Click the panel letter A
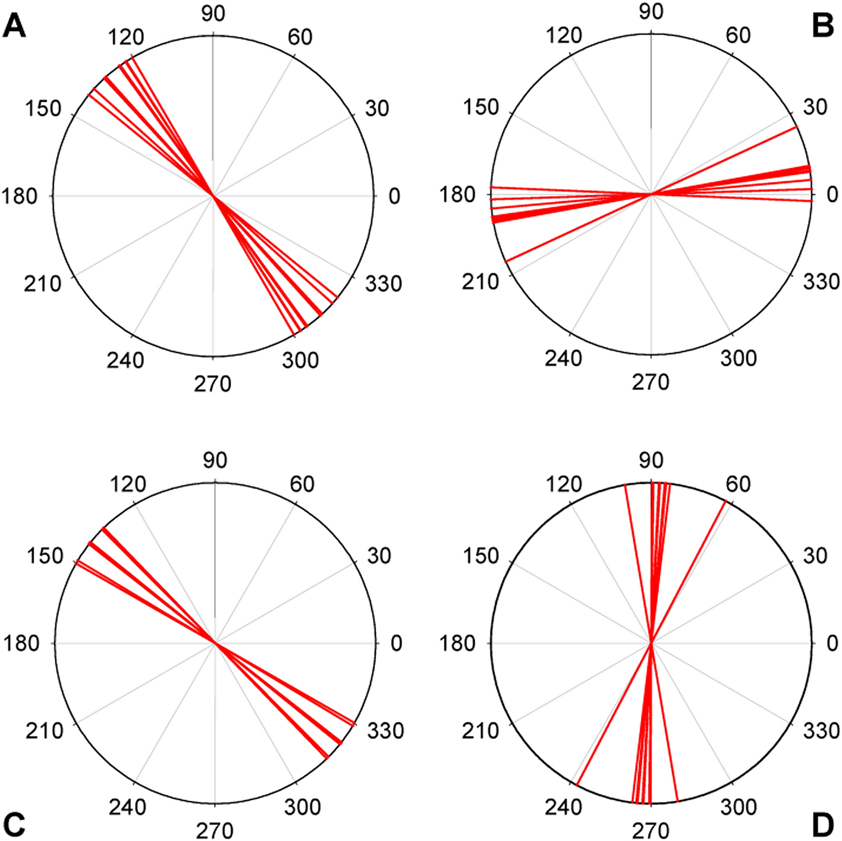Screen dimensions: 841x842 tap(15, 27)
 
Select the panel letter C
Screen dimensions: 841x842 tap(14, 824)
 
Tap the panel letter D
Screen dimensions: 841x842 tap(822, 824)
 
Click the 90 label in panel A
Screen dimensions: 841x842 tap(213, 13)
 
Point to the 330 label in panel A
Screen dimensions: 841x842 tap(384, 284)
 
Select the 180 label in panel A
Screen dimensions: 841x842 tap(20, 196)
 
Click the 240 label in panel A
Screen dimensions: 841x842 tap(125, 360)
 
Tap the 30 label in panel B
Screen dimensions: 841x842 tap(815, 107)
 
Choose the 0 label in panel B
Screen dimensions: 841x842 tap(832, 194)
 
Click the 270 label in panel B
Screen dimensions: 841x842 tap(651, 382)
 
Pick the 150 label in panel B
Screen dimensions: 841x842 tap(480, 107)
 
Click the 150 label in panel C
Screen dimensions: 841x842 tap(45, 556)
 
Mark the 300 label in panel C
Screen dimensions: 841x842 tap(302, 807)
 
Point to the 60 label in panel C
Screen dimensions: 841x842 tap(301, 484)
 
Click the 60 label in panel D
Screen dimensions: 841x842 tap(738, 484)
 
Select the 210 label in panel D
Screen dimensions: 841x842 tap(480, 730)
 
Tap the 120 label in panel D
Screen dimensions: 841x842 tap(564, 484)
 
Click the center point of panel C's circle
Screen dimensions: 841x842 tap(215, 643)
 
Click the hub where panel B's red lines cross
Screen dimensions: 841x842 tap(652, 194)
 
